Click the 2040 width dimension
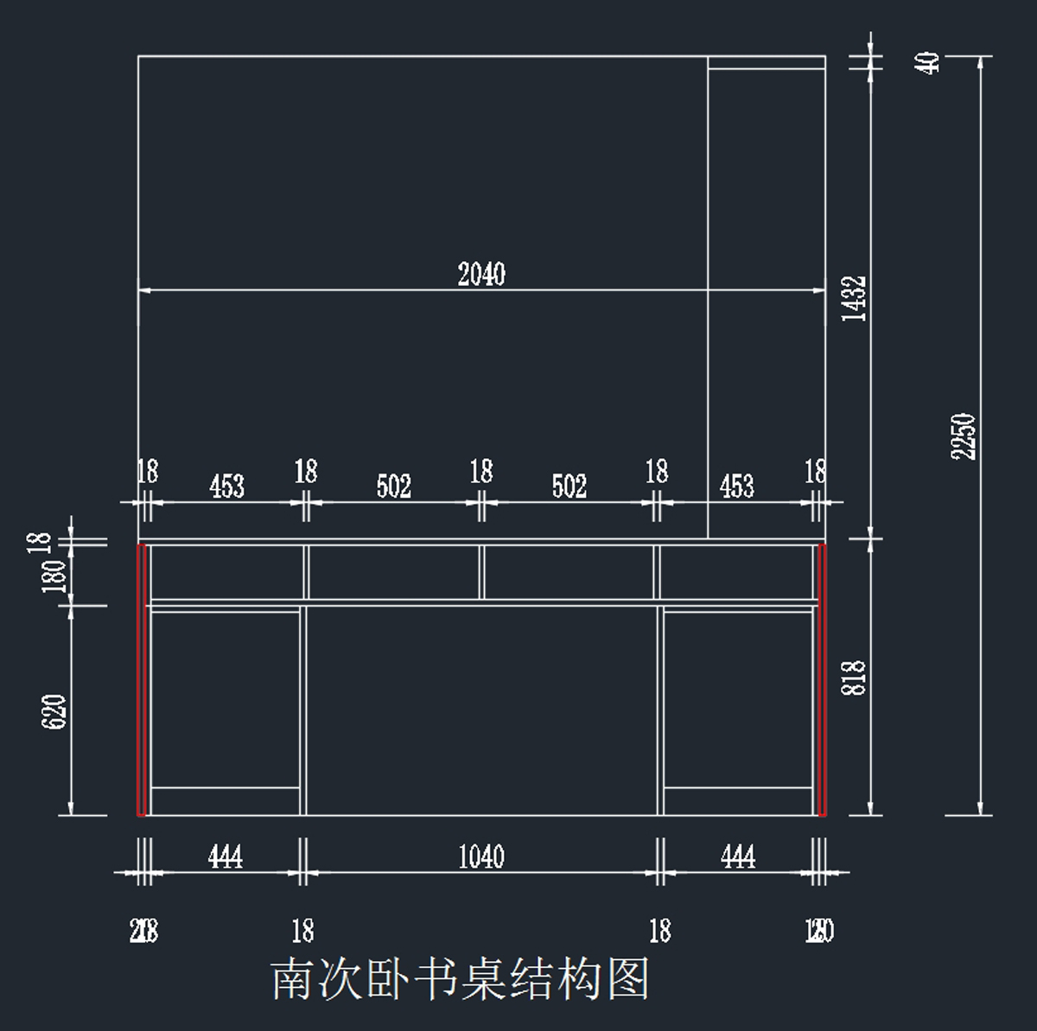coord(481,275)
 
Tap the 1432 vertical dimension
coord(854,298)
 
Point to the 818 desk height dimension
coord(854,678)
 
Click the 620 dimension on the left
coord(54,711)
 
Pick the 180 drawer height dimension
coord(54,575)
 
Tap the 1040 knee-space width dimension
coord(481,857)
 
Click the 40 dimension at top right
coord(929,62)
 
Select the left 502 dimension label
coord(393,487)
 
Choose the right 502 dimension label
coord(569,487)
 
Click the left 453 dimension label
coord(226,487)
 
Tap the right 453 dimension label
coord(737,487)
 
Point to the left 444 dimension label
coord(225,857)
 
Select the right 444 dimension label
coord(737,857)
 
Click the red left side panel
coord(141,679)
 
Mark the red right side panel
coord(823,679)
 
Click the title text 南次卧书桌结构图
coord(460,979)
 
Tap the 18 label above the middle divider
coord(481,472)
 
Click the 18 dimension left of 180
coord(39,542)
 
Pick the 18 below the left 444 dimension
coord(302,931)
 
